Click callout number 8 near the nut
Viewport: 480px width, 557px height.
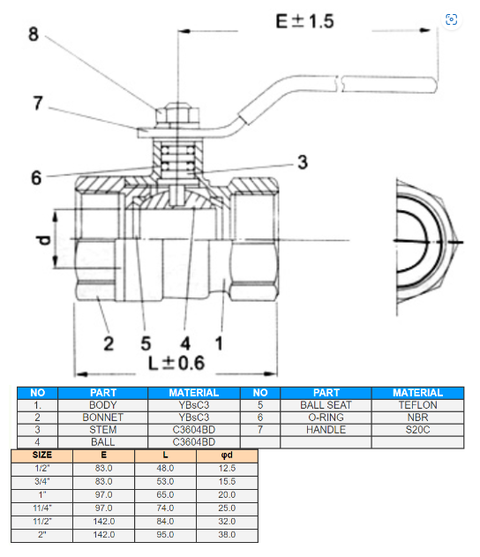pos(34,34)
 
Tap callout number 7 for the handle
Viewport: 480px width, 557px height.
pos(38,103)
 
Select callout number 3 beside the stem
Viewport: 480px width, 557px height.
pos(303,162)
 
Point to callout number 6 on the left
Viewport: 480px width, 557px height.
pos(36,177)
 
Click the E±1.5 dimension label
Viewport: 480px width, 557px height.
pos(304,21)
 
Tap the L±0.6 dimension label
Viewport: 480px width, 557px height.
pos(176,363)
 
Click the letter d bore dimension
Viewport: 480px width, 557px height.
pos(43,240)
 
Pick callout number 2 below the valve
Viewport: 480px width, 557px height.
pos(109,343)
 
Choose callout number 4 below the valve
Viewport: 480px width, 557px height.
pos(185,343)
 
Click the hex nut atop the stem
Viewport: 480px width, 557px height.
pos(177,114)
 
